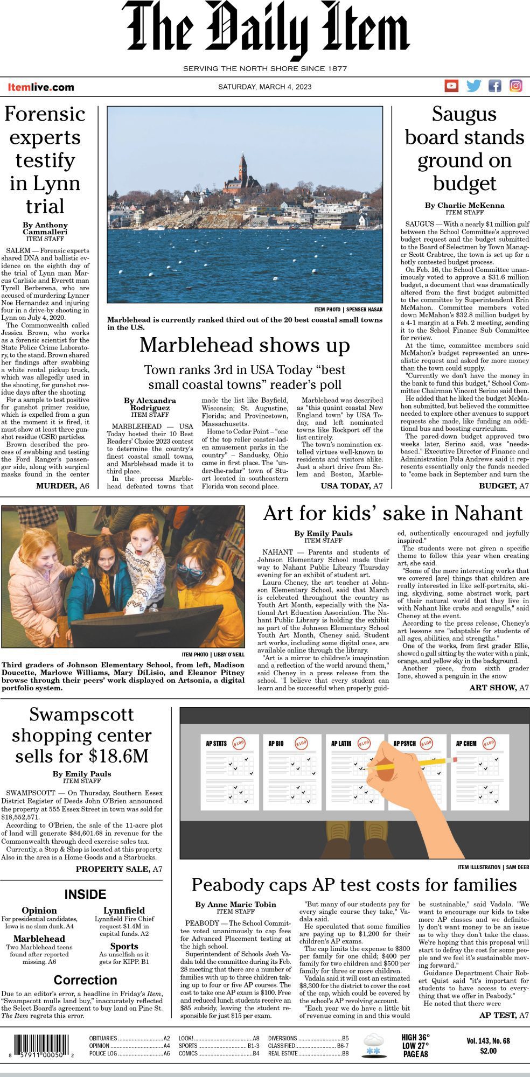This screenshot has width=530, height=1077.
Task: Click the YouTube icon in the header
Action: click(451, 86)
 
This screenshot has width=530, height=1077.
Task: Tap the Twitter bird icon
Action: click(473, 86)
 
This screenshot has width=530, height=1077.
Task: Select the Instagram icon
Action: click(515, 86)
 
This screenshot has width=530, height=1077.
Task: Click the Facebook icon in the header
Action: click(494, 86)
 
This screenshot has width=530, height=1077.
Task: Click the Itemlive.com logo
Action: click(41, 87)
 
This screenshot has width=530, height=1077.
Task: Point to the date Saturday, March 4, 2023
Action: click(264, 87)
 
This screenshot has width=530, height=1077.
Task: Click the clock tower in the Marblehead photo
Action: click(243, 170)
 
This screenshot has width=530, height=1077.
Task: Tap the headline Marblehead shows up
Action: click(245, 345)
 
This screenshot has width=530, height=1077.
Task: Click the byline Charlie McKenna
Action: click(464, 205)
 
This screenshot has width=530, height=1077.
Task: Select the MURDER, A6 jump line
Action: click(62, 486)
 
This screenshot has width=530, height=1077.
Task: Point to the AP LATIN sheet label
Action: click(341, 744)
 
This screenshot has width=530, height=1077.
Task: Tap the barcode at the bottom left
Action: click(39, 1047)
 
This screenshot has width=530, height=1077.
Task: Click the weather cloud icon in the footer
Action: click(374, 1045)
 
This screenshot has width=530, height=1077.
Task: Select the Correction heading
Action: click(85, 980)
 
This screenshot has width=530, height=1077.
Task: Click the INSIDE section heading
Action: click(85, 894)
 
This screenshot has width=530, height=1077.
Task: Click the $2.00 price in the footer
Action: click(488, 1051)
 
